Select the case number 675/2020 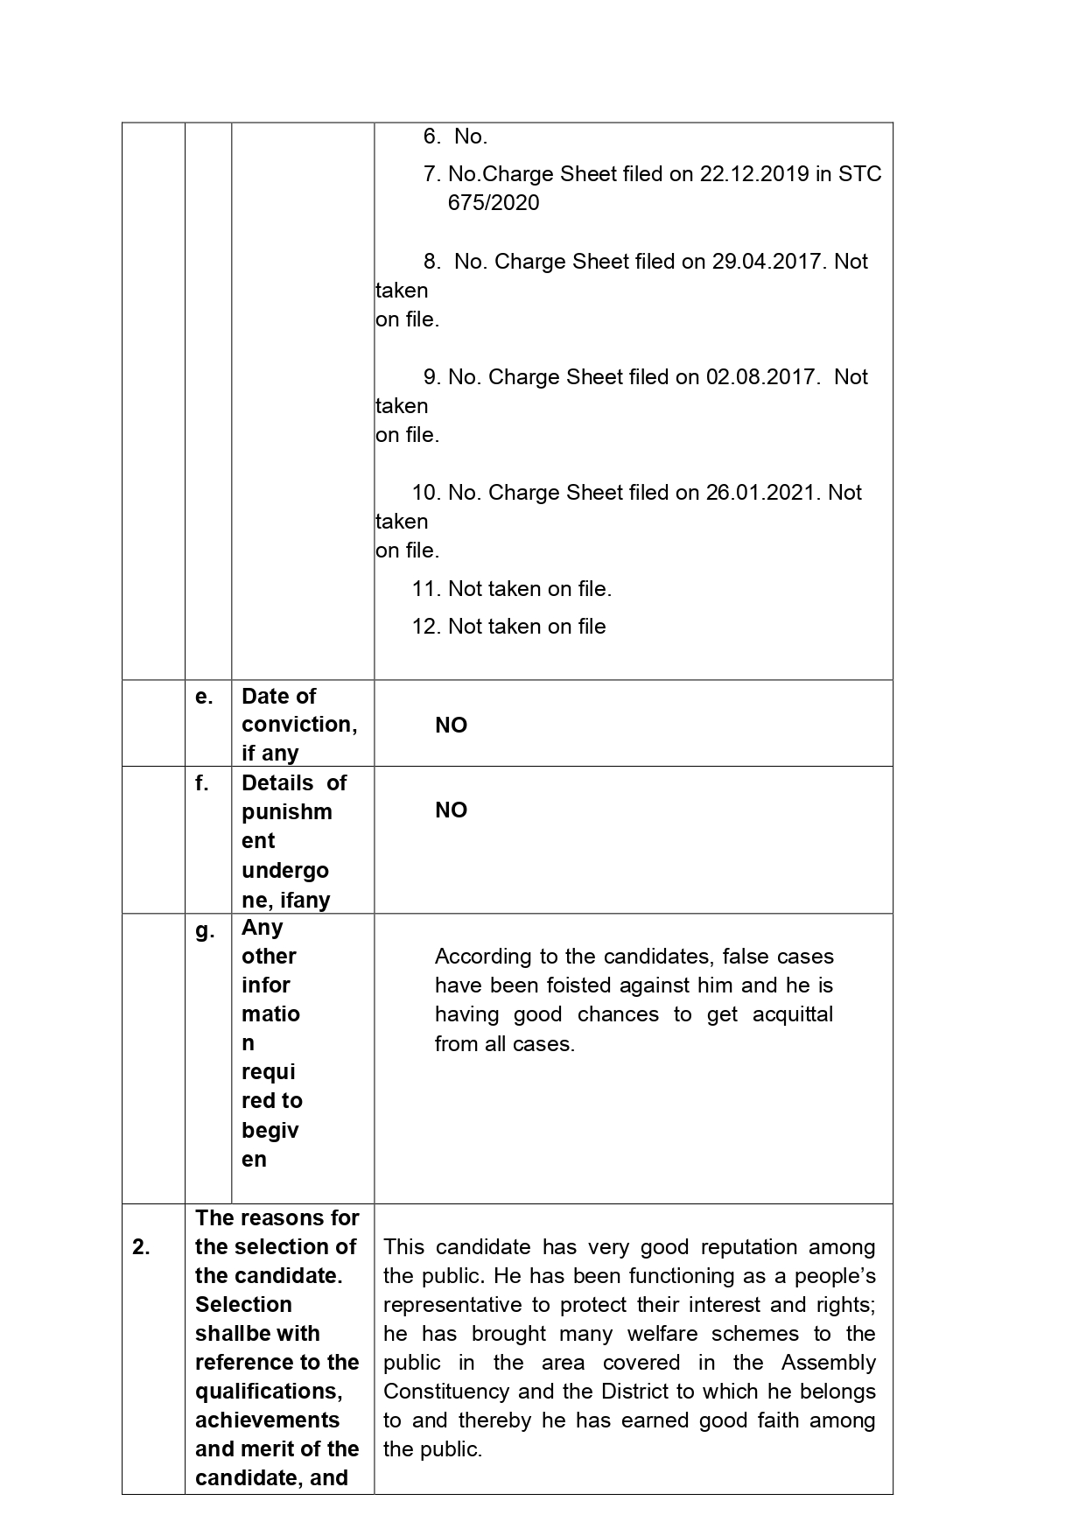pos(494,203)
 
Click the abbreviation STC pos(859,174)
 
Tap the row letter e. pos(204,697)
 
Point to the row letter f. pos(202,783)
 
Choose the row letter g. pos(205,930)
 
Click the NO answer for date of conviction pos(451,726)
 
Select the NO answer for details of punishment pos(451,810)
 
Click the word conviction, pos(299,725)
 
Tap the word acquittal pos(792,1014)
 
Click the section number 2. pos(141,1247)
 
